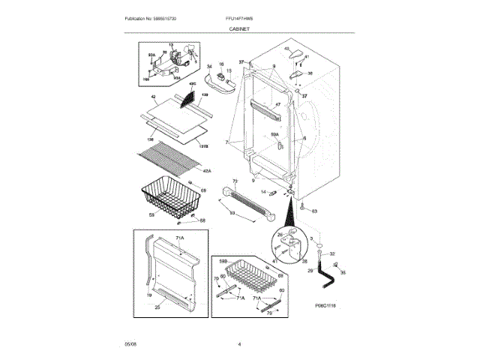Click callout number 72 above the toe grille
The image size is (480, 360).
tap(235, 181)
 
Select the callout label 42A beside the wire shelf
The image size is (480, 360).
tap(207, 171)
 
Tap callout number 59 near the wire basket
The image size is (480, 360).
tap(151, 215)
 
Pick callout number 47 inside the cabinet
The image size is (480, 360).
tap(277, 104)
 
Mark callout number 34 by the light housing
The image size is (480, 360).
tap(210, 67)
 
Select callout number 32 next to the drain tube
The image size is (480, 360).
tap(332, 254)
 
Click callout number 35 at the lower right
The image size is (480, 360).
tap(343, 273)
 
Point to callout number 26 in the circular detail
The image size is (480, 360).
tap(279, 234)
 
